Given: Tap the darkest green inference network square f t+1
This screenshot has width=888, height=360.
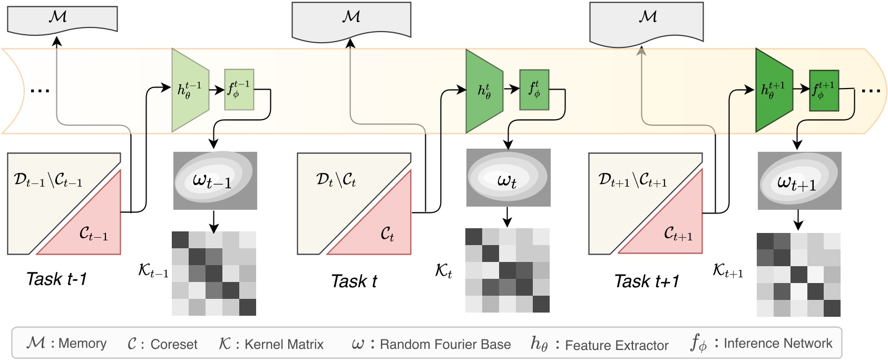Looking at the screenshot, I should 824,91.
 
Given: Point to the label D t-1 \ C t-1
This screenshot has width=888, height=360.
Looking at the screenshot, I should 48,180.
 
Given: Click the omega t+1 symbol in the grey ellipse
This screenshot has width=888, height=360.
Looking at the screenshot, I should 796,183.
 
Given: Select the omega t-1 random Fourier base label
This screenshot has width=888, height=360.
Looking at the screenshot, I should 212,181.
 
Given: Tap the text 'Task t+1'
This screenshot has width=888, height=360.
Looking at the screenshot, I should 647,281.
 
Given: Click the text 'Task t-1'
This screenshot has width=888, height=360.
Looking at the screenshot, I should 56,279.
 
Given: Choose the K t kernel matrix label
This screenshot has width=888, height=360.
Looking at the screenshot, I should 443,271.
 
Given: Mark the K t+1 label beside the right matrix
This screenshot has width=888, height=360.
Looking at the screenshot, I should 728,271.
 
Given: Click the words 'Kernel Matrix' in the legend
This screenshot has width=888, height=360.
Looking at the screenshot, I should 284,345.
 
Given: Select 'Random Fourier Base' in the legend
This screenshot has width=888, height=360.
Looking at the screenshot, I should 445,345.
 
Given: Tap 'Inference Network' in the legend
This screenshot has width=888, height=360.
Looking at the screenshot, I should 778,344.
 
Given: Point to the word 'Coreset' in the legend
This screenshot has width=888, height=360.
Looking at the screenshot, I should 174,345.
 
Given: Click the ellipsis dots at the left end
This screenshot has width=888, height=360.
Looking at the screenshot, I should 40,91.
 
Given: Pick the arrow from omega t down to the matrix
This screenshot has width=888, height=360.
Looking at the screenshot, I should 507,216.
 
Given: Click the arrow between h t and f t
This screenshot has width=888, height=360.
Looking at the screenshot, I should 511,89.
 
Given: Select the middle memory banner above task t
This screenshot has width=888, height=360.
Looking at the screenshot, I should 351,19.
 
